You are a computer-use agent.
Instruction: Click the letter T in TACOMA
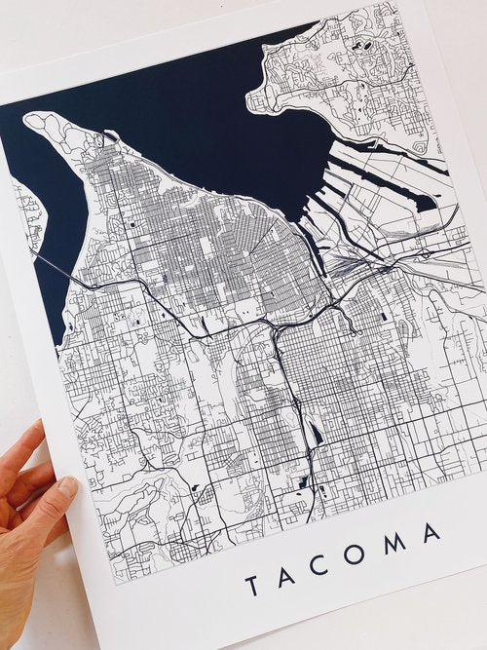[x=251, y=587]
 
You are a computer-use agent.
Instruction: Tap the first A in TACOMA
[x=289, y=577]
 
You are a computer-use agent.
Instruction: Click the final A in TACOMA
[x=431, y=533]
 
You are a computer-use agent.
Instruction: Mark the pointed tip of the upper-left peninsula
[x=26, y=117]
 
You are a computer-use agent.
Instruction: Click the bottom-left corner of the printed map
[x=115, y=583]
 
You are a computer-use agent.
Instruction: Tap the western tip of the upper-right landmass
[x=251, y=96]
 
